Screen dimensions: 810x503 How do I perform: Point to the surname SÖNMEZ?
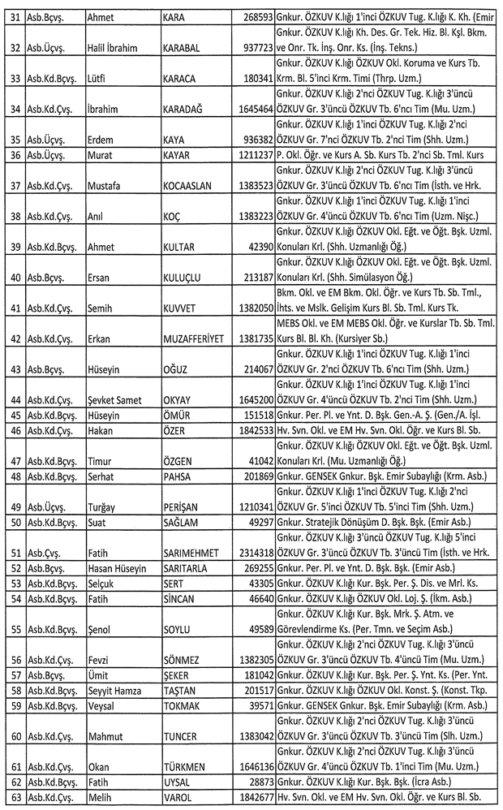(183, 661)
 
